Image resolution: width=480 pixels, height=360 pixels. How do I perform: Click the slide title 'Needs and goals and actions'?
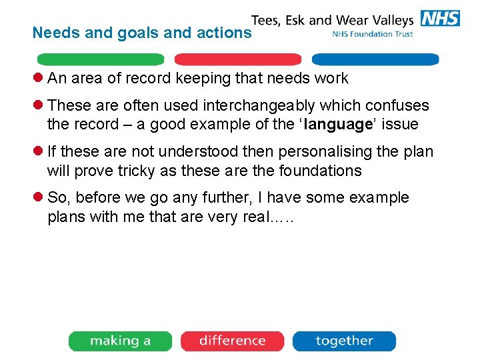click(x=142, y=33)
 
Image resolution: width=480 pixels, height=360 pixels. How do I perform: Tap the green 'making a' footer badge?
click(x=121, y=341)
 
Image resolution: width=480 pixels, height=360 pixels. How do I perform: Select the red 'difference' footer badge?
click(x=232, y=341)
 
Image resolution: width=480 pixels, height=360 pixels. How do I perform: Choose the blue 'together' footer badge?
click(x=344, y=341)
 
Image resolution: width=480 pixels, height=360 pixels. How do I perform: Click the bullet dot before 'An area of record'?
click(x=39, y=78)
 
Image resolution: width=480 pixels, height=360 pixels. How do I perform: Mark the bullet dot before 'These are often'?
click(x=39, y=105)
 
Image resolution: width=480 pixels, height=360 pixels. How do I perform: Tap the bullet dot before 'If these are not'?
click(x=39, y=151)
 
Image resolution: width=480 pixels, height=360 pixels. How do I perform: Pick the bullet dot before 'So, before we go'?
click(x=39, y=197)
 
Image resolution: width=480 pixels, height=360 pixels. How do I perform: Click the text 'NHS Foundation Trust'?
click(x=372, y=34)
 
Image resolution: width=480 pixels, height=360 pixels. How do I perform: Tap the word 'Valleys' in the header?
click(x=389, y=20)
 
